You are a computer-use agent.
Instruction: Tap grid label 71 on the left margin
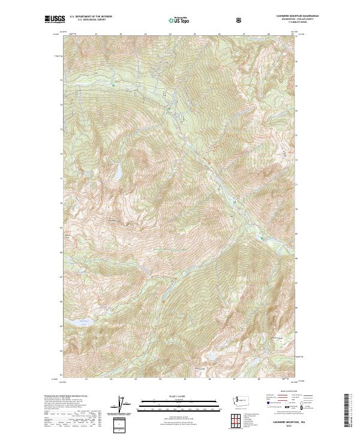pyautogui.click(x=60, y=178)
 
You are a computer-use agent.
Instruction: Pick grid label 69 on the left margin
pyautogui.click(x=60, y=227)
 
